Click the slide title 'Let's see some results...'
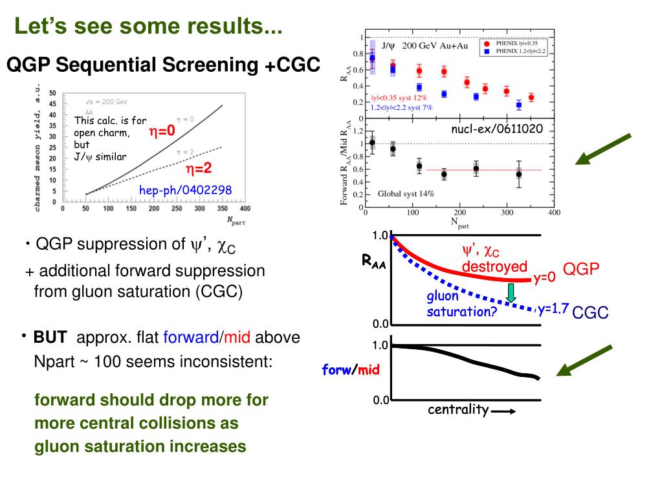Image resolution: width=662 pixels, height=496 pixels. tap(149, 27)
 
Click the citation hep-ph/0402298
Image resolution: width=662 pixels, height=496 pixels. tap(185, 189)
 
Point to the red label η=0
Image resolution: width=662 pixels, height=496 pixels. tap(162, 131)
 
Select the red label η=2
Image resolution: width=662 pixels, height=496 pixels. tap(199, 169)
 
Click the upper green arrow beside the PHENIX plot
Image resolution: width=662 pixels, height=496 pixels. tap(606, 149)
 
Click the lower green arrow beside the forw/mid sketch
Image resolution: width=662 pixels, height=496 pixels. tap(585, 361)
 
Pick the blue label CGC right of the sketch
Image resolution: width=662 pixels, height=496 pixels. tap(591, 313)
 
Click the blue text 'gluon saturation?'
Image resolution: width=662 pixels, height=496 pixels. tap(461, 304)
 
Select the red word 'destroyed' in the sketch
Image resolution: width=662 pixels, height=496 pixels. tap(494, 267)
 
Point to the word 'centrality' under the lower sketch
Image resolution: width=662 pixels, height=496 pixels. tap(458, 409)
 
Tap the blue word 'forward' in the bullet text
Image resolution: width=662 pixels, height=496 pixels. tap(191, 338)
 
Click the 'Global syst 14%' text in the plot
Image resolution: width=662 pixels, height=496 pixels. tap(406, 193)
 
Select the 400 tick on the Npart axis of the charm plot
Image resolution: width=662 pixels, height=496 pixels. tap(245, 209)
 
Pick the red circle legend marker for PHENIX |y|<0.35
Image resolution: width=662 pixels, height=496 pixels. tap(486, 43)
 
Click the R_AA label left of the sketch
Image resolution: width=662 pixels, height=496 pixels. tap(374, 262)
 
